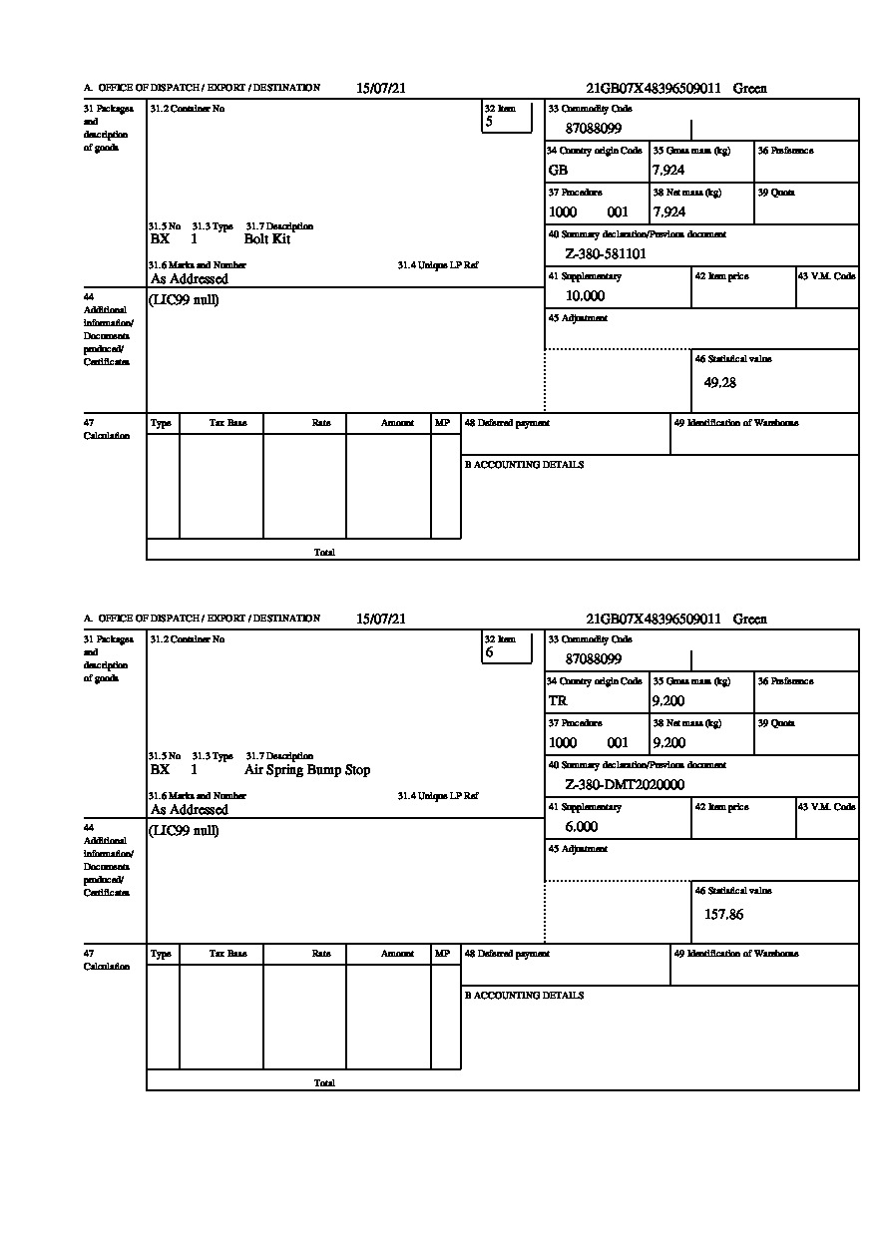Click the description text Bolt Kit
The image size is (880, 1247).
tap(267, 239)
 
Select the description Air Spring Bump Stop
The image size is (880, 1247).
tap(307, 770)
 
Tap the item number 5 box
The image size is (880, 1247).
tap(507, 116)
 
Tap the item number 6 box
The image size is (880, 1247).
tap(507, 646)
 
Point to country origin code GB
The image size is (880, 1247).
tap(558, 170)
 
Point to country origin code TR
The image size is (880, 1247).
tap(558, 700)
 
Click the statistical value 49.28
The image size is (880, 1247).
tap(720, 383)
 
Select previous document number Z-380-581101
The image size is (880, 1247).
tap(606, 253)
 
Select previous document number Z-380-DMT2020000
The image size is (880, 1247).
tap(625, 784)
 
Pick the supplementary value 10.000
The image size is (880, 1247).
tap(585, 295)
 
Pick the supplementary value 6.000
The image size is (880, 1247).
tap(582, 826)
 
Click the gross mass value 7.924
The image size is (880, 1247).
tap(668, 170)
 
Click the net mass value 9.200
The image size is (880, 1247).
tap(668, 742)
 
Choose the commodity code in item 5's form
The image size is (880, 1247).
tap(594, 128)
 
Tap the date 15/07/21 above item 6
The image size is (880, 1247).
tap(381, 619)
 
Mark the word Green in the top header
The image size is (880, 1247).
tap(750, 88)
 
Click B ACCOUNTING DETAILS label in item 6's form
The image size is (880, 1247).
tap(524, 996)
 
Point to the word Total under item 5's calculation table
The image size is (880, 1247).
tap(324, 552)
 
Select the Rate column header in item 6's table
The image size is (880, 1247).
tap(321, 954)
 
